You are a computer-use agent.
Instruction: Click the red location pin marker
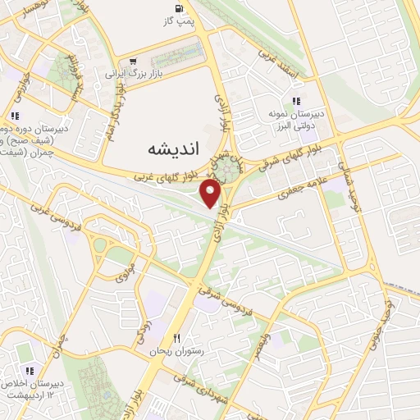(x=212, y=194)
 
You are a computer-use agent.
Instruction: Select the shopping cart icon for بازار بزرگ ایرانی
(x=130, y=62)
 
